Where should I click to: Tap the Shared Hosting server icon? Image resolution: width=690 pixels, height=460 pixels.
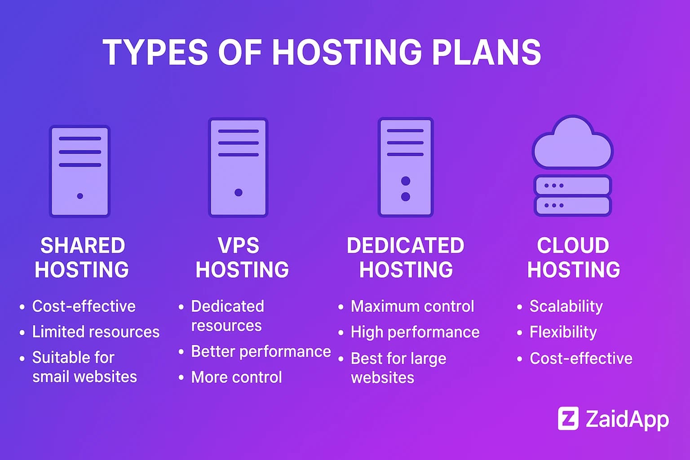click(80, 171)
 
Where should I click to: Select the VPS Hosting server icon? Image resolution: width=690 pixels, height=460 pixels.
click(238, 167)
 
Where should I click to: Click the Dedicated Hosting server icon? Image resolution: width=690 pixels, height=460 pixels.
click(405, 167)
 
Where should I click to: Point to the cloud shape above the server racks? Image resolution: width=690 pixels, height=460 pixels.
click(572, 143)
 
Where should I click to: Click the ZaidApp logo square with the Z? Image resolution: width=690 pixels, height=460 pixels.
click(568, 419)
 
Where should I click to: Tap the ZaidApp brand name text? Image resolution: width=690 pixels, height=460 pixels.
click(627, 419)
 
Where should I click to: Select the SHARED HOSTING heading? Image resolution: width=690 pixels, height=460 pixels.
click(82, 257)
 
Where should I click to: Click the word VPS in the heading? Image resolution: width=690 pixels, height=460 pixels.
click(239, 246)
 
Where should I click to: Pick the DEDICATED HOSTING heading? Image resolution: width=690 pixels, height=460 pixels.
click(406, 257)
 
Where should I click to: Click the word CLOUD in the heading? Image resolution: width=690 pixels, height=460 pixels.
click(573, 246)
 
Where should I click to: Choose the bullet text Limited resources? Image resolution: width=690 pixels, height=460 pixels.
click(96, 332)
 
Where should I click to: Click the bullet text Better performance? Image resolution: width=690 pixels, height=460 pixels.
click(261, 351)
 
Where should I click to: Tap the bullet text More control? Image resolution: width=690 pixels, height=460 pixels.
click(237, 377)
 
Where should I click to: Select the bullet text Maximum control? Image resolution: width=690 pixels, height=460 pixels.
click(412, 306)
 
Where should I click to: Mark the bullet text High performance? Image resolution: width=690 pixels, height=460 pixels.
click(415, 332)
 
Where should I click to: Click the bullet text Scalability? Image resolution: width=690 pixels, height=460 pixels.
click(566, 306)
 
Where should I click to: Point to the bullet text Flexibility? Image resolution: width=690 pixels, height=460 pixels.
click(563, 332)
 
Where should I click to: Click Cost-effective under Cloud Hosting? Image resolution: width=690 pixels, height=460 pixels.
click(581, 358)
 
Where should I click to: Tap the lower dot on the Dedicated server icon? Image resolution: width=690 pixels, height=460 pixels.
click(406, 196)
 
